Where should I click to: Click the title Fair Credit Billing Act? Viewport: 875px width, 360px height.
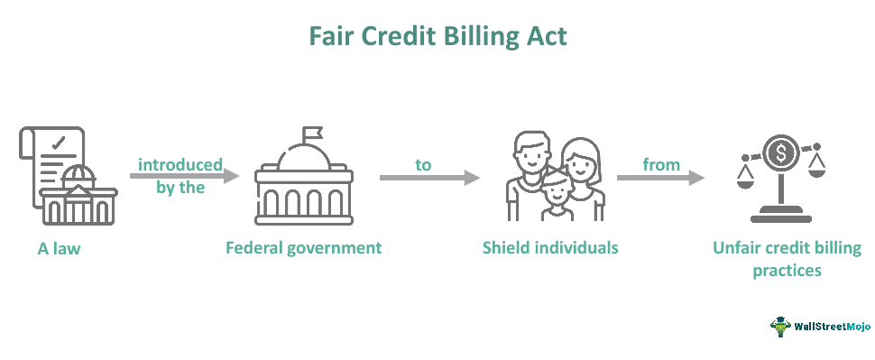[437, 36]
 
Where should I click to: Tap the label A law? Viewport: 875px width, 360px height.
[59, 248]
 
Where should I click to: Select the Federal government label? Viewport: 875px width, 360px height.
[304, 247]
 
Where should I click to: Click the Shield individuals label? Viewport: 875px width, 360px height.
[551, 247]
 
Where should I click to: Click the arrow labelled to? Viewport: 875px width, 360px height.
[428, 178]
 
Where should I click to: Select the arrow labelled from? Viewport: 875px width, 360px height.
[659, 178]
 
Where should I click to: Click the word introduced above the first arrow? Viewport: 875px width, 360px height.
[180, 164]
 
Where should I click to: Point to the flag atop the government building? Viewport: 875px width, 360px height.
[313, 134]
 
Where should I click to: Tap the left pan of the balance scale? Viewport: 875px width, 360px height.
[745, 171]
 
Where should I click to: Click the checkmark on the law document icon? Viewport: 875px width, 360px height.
[60, 142]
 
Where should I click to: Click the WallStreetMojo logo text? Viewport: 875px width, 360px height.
[827, 325]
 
